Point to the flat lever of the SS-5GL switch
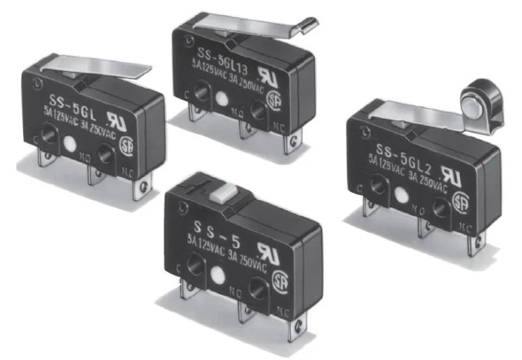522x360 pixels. [117, 70]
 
